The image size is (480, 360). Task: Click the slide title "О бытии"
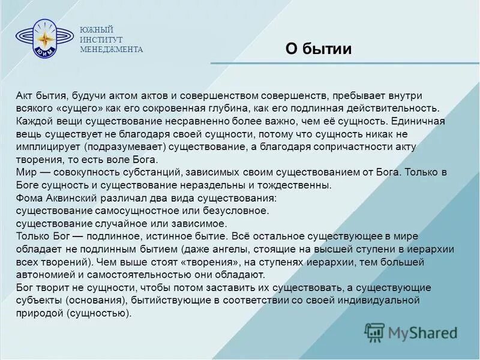coord(318,49)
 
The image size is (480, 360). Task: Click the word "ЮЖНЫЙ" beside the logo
coord(97,30)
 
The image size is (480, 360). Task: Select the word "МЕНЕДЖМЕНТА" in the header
coord(112,50)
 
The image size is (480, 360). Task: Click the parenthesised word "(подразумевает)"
coord(124,147)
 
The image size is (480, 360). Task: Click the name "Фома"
coord(29,198)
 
